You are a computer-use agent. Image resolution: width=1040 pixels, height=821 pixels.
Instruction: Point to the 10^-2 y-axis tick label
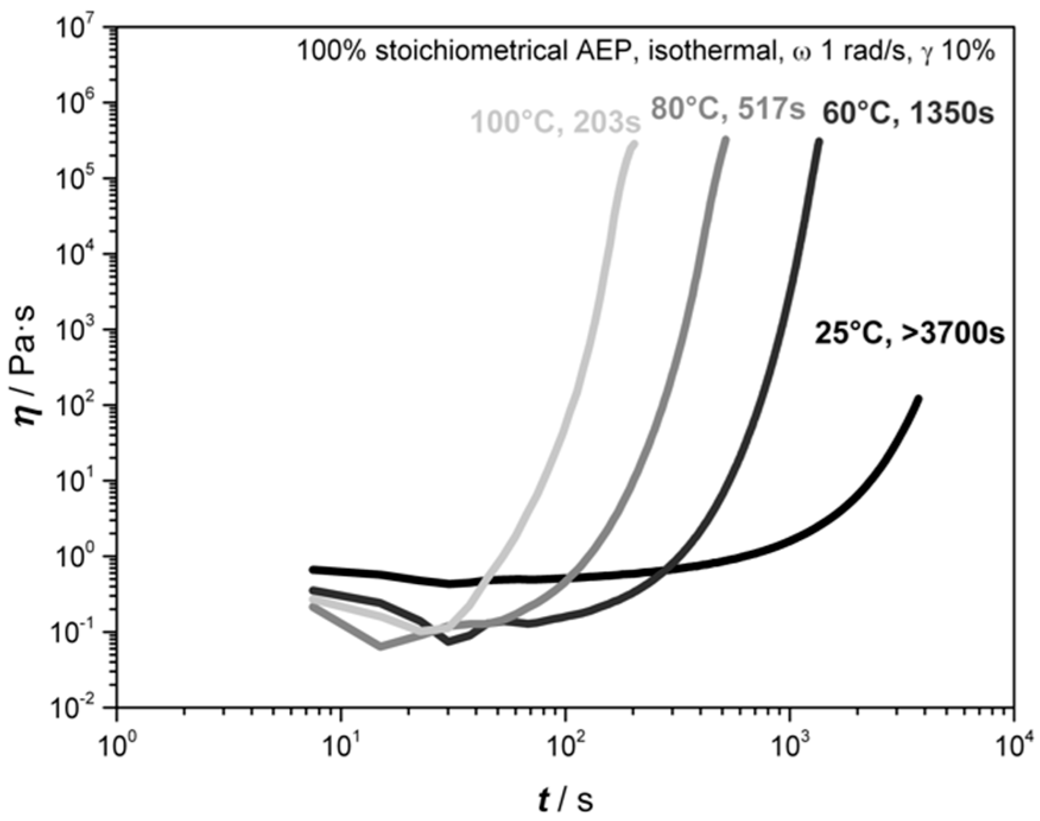pyautogui.click(x=74, y=708)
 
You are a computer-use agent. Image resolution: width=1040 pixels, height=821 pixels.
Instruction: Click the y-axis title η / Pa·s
pyautogui.click(x=27, y=368)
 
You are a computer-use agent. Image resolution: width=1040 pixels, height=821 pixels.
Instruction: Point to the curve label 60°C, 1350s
pyautogui.click(x=908, y=113)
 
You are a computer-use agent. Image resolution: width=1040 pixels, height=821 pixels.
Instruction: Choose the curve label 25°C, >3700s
pyautogui.click(x=909, y=334)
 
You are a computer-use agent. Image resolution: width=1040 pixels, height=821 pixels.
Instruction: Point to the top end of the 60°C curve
pyautogui.click(x=819, y=142)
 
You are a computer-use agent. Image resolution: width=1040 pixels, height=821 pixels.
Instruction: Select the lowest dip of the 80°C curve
pyautogui.click(x=381, y=646)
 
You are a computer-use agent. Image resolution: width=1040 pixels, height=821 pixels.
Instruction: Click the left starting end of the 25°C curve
pyautogui.click(x=313, y=570)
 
